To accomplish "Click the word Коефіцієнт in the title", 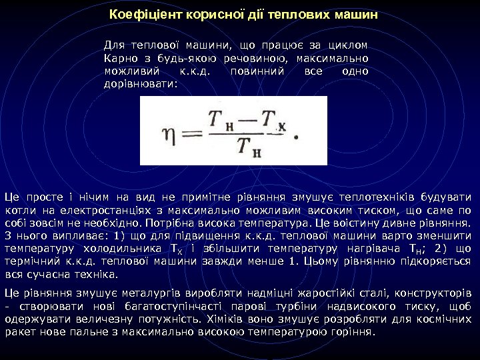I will click(139, 14).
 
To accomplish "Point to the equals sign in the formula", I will click(193, 133).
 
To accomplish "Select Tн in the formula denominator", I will click(249, 146).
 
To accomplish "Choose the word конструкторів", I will click(437, 293).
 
